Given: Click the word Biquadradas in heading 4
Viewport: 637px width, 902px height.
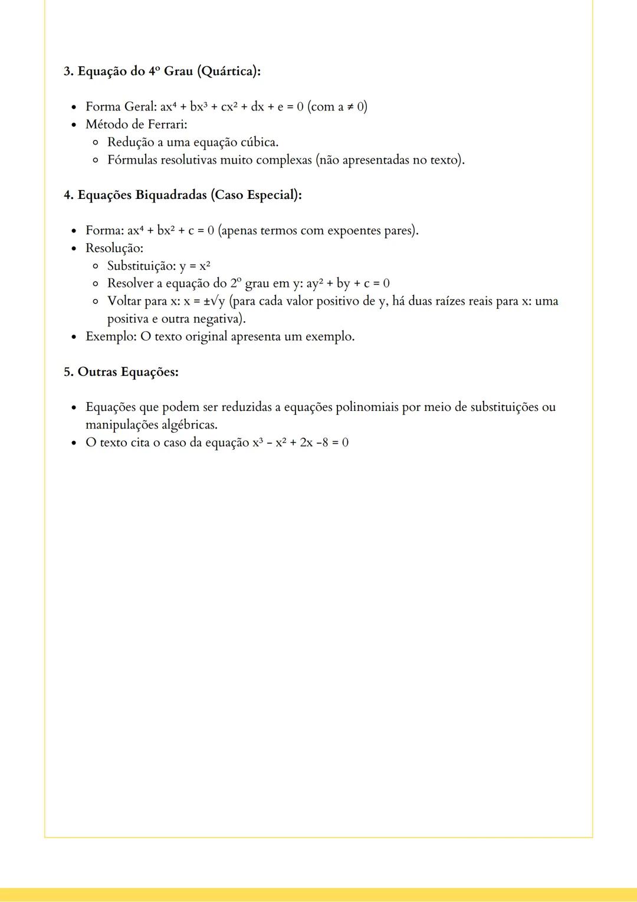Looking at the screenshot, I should tap(172, 195).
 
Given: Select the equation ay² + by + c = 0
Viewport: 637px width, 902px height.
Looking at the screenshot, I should tap(348, 283).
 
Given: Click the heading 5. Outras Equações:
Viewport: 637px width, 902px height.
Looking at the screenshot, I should tap(121, 372).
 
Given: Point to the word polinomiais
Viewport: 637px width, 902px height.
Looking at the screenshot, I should tap(367, 407).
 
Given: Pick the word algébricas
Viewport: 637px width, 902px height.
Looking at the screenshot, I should tap(189, 425).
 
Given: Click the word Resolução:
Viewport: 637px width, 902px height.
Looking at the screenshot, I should tap(114, 248).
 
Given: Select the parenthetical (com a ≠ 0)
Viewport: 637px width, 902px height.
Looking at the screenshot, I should tap(337, 107).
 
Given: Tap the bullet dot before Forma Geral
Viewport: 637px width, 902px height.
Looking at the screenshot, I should tap(74, 107).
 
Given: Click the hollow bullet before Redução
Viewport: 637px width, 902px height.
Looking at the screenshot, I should tap(96, 143).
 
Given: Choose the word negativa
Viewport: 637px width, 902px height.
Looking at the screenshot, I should tap(218, 319).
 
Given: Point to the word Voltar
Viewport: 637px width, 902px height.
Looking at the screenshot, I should tap(124, 301).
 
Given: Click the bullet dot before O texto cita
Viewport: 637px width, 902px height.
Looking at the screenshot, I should tap(74, 443).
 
